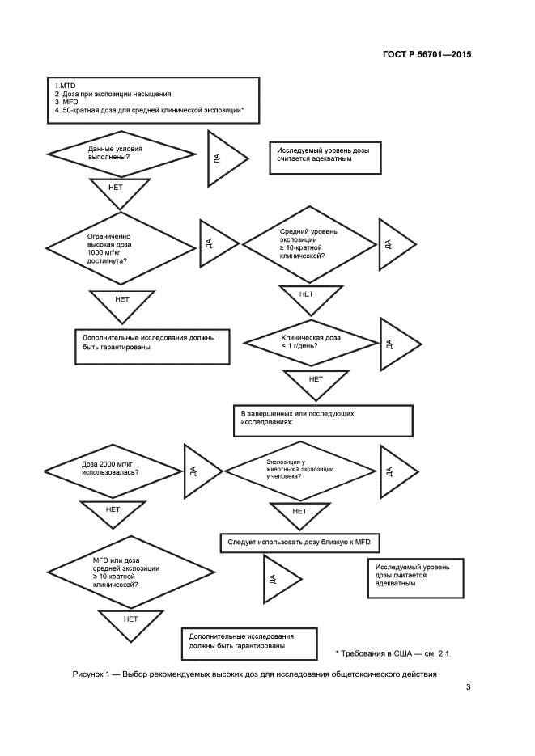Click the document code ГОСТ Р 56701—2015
427,56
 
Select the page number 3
467,688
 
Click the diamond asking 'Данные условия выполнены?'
121,154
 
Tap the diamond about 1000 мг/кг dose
121,248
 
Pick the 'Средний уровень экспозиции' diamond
308,243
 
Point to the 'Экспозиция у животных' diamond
298,470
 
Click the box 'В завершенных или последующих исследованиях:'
322,418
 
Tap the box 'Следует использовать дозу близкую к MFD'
299,543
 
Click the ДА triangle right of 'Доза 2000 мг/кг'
196,470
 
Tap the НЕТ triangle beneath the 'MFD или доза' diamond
130,624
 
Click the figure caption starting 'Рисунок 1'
248,674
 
